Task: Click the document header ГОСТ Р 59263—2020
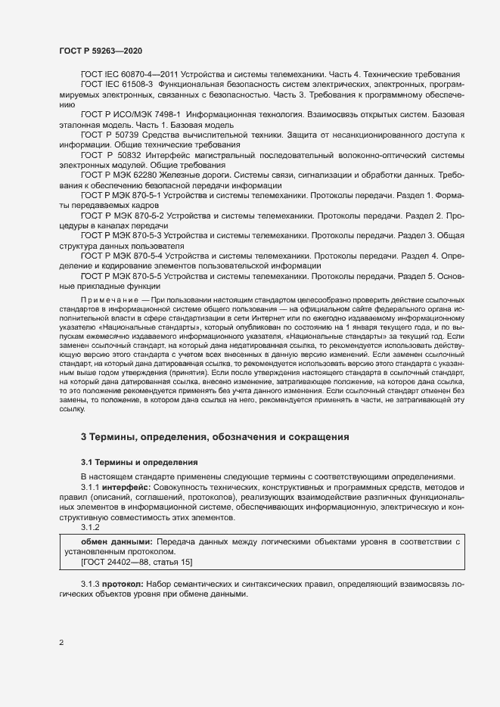[100, 49]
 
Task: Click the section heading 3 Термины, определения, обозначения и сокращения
[214, 436]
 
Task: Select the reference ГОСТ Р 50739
[107, 135]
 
